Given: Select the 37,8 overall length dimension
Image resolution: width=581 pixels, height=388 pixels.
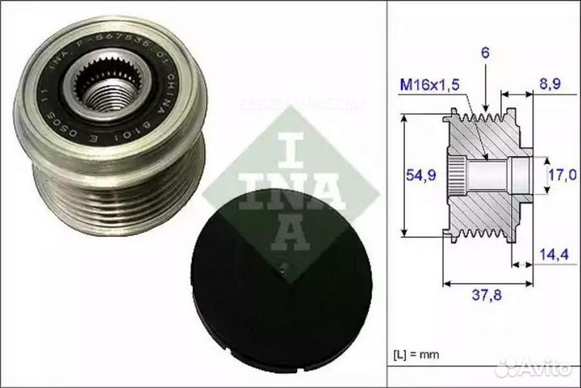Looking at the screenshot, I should point(489,297).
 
